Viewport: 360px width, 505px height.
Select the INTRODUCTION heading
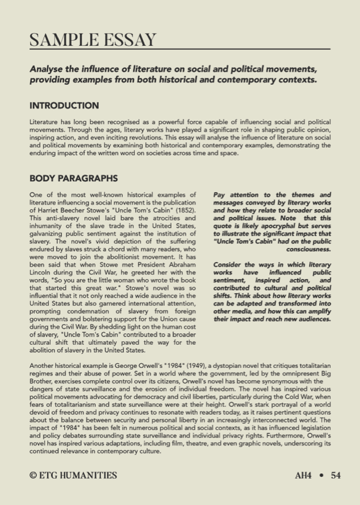pos(64,106)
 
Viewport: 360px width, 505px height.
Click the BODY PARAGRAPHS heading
pos(74,178)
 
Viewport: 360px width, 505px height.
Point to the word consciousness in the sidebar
pos(308,249)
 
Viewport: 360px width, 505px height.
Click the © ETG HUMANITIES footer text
pos(73,475)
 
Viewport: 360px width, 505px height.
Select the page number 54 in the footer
pos(335,475)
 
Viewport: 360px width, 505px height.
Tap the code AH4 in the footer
pos(304,475)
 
